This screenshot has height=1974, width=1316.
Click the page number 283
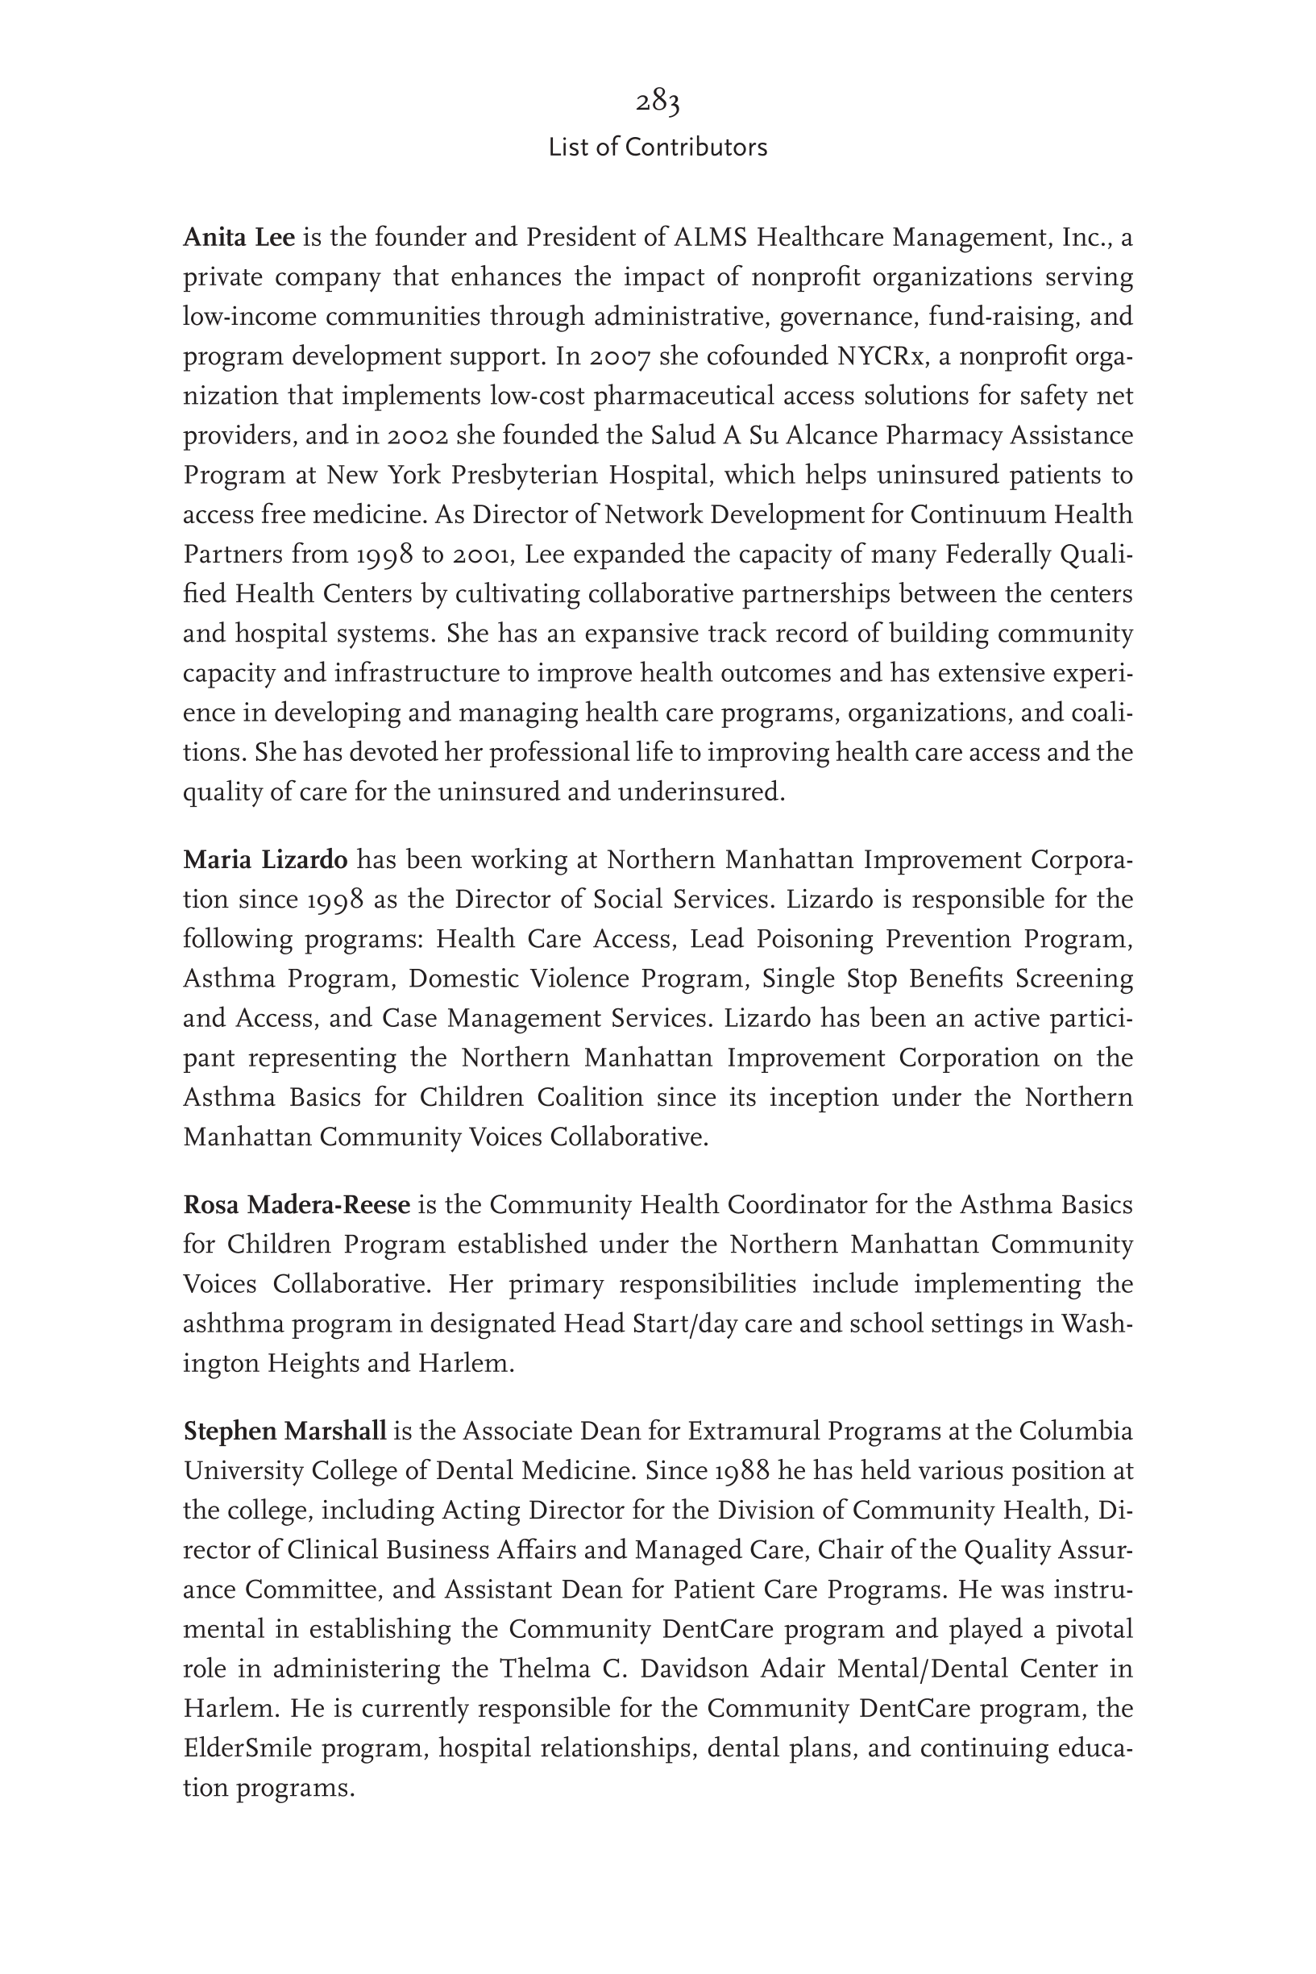click(x=657, y=102)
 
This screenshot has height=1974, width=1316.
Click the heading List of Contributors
click(x=657, y=148)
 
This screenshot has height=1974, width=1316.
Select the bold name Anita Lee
click(x=239, y=239)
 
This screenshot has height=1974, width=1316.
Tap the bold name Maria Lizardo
click(x=265, y=860)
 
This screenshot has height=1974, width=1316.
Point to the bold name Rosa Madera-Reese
click(x=297, y=1205)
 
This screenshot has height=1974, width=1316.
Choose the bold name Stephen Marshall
click(x=284, y=1431)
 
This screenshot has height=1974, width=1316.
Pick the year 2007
click(x=619, y=358)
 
